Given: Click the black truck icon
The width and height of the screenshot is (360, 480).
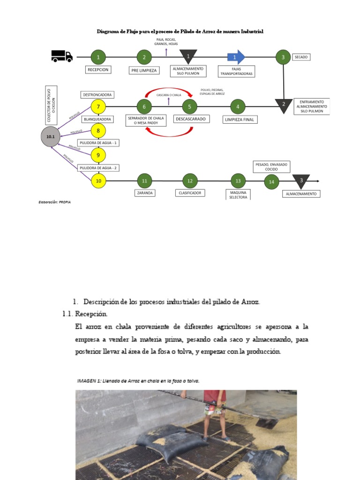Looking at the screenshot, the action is pos(62,56).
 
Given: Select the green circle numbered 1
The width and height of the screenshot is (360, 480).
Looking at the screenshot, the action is pos(98,57).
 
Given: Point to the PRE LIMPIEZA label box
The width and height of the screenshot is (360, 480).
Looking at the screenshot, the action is pos(144,70).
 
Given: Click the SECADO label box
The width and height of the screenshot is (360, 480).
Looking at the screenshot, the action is pos(301,57).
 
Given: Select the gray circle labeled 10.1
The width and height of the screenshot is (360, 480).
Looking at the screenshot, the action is pos(51,136).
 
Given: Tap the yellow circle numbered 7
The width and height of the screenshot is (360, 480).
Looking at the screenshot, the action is pos(98,107).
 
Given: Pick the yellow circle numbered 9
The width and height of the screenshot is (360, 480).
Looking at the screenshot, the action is pos(98,155).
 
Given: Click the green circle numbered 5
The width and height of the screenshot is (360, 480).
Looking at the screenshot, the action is pos(189,107).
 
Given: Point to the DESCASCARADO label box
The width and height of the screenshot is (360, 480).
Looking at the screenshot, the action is pos(190,120).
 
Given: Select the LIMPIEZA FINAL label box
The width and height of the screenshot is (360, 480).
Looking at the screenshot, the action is pos(240,120).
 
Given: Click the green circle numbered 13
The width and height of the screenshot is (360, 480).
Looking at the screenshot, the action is pos(238,180).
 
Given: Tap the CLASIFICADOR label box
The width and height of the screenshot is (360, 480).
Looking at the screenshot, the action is pos(190,193).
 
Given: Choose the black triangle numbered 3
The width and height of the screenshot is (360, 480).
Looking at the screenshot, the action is pos(301,180).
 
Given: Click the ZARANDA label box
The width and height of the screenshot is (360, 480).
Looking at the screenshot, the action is pos(144,193).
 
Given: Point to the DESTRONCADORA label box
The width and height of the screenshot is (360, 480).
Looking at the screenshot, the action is pos(97,95).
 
